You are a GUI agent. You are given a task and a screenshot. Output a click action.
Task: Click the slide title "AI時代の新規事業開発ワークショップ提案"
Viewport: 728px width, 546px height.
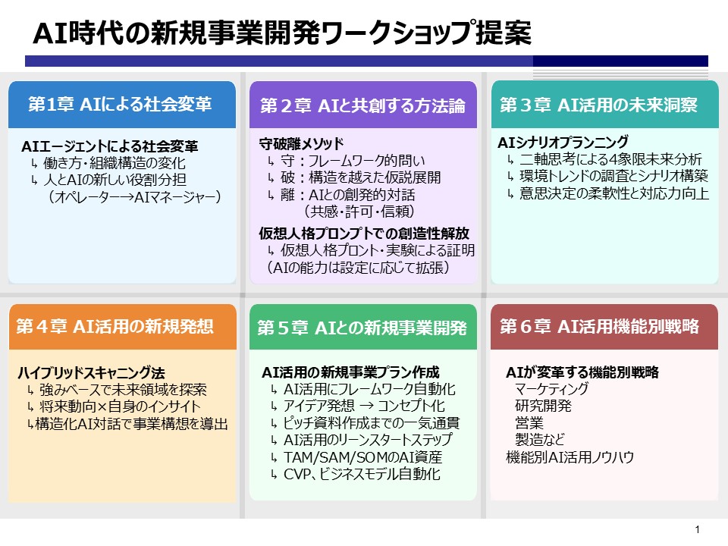pyautogui.click(x=282, y=33)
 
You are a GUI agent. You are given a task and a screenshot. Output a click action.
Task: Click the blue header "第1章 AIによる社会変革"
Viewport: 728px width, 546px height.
pyautogui.click(x=120, y=104)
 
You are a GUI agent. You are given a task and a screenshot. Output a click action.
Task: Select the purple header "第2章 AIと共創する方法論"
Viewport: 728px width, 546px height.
pyautogui.click(x=362, y=105)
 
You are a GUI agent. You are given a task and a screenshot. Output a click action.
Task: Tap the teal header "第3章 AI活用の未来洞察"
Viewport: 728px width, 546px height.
pyautogui.click(x=598, y=105)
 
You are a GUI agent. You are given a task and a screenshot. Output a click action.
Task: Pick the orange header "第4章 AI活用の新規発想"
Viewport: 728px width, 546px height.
pyautogui.click(x=115, y=326)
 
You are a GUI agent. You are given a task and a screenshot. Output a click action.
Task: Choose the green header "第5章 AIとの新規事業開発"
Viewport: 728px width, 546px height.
pyautogui.click(x=362, y=328)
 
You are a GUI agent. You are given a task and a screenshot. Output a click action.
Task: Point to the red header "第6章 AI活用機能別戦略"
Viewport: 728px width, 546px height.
pyautogui.click(x=599, y=326)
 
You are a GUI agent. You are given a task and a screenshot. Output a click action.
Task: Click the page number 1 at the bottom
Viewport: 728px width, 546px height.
pyautogui.click(x=698, y=529)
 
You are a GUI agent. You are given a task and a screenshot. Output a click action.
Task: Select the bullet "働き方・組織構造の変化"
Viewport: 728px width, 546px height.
pyautogui.click(x=115, y=163)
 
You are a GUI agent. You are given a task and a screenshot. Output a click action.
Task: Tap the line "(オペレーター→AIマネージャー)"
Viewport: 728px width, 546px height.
pyautogui.click(x=133, y=197)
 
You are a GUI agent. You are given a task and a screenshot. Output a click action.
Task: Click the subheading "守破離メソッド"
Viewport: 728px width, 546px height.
pyautogui.click(x=301, y=143)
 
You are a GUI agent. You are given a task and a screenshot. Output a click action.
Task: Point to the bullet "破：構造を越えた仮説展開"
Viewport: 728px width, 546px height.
pyautogui.click(x=361, y=177)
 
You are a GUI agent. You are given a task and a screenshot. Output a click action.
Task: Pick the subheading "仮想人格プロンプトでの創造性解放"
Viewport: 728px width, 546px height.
pyautogui.click(x=364, y=233)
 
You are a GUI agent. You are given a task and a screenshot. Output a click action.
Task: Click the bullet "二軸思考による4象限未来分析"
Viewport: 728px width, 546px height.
pyautogui.click(x=611, y=159)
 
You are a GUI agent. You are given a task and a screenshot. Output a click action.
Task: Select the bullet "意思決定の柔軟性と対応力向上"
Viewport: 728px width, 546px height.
pyautogui.click(x=614, y=193)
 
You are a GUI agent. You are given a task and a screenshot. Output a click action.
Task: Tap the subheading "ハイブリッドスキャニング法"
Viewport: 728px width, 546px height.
pyautogui.click(x=92, y=372)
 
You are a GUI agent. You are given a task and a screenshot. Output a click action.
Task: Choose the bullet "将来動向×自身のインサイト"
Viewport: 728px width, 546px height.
pyautogui.click(x=120, y=406)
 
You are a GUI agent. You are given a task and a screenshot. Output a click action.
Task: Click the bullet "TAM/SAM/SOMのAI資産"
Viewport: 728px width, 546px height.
pyautogui.click(x=363, y=457)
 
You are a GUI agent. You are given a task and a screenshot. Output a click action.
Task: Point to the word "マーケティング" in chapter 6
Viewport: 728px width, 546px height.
pyautogui.click(x=551, y=388)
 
